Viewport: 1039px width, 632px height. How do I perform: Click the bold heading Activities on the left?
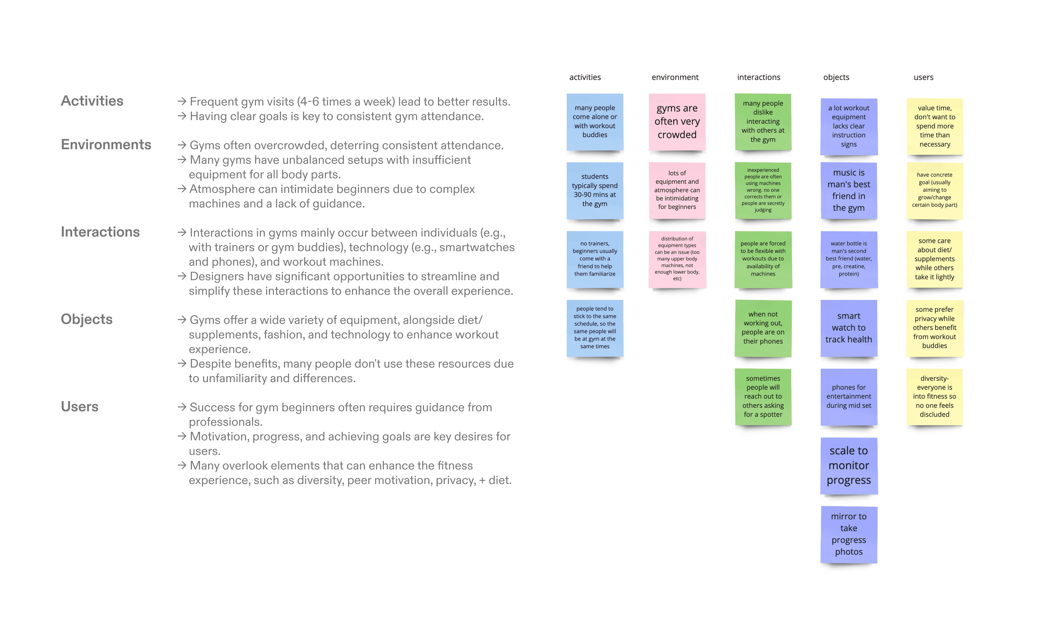(x=92, y=101)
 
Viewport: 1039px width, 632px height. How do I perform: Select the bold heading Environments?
(x=106, y=145)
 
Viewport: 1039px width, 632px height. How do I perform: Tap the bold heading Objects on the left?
(x=87, y=319)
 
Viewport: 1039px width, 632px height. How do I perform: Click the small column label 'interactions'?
(x=758, y=77)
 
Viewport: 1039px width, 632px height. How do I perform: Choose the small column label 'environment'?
(x=675, y=77)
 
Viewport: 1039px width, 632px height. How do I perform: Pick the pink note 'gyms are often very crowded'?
(x=677, y=122)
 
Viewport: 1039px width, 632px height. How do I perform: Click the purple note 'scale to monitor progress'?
(x=848, y=466)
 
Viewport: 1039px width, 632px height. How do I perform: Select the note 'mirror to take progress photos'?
(x=848, y=534)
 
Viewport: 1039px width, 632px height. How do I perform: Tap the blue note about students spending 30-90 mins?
(x=595, y=190)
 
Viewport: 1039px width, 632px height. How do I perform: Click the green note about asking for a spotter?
(x=763, y=396)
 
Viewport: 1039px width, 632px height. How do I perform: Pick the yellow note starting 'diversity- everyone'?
(x=934, y=396)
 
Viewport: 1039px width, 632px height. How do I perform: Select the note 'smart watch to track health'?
(x=848, y=328)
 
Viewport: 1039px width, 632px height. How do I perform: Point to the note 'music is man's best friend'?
(x=848, y=190)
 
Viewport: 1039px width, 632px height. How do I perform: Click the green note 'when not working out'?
(x=763, y=328)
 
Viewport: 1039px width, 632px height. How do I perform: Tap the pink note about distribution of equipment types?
(x=677, y=259)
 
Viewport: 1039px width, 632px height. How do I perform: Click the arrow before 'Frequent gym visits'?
(x=182, y=102)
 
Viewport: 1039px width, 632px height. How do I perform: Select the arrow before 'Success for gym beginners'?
(x=182, y=407)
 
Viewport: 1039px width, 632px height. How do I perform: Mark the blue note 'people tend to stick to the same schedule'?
(x=595, y=328)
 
